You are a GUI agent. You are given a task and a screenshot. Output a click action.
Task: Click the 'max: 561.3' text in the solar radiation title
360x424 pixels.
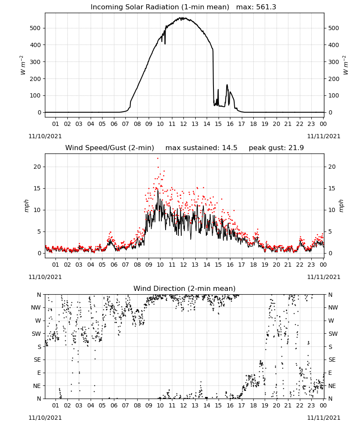[x=256, y=7]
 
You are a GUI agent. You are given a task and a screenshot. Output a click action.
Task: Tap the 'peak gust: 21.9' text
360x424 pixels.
[x=276, y=148]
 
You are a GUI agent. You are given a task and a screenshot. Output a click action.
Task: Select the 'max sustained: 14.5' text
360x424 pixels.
[x=201, y=148]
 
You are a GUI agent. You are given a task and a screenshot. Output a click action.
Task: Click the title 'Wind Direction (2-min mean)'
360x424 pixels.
[x=185, y=288]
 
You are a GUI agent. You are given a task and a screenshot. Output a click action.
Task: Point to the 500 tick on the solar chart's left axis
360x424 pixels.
[x=35, y=28]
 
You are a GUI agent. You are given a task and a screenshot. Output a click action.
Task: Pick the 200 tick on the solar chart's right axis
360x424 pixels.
[x=334, y=79]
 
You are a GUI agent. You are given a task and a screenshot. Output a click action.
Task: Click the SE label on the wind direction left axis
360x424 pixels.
[x=37, y=360]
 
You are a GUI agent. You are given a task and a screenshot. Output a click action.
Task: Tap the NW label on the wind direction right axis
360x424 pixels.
[x=333, y=308]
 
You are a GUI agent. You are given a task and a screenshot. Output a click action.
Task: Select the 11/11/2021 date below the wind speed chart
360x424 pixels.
[x=324, y=277]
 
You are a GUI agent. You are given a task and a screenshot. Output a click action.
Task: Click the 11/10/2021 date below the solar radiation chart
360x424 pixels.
[x=45, y=137]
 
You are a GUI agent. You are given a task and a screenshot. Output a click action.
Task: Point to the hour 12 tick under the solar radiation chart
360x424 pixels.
[x=183, y=124]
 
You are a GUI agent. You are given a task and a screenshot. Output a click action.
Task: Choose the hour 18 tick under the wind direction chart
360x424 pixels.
[x=253, y=406]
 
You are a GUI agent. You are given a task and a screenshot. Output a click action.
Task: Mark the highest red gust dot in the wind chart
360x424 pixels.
[x=158, y=159]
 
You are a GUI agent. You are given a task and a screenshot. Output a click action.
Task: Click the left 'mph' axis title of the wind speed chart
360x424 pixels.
[x=26, y=206]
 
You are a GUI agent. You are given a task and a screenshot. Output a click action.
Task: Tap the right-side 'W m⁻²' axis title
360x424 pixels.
[x=346, y=65]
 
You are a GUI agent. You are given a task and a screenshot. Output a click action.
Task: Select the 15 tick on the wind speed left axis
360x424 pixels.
[x=37, y=189]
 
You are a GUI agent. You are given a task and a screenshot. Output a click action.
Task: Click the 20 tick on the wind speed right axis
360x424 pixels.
[x=332, y=167]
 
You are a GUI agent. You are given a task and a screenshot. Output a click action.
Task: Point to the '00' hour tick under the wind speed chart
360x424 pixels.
[x=323, y=265]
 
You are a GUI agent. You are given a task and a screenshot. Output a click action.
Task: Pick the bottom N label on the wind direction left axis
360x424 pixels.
[x=39, y=399]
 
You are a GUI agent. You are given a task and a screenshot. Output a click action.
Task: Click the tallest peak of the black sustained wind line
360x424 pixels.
[x=158, y=190]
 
